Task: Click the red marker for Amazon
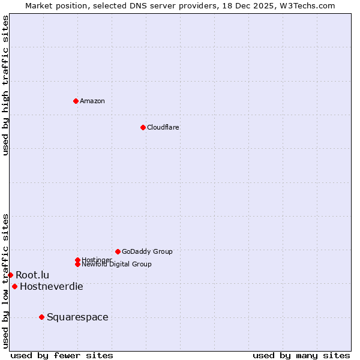click(76, 101)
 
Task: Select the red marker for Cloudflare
click(143, 127)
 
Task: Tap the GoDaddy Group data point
click(118, 251)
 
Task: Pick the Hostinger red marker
click(77, 260)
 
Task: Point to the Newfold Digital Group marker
click(77, 264)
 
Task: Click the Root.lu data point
click(10, 275)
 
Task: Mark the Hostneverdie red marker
click(14, 286)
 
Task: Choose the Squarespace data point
click(41, 317)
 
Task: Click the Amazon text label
click(92, 101)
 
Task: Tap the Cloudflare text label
click(163, 127)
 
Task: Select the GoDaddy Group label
click(147, 251)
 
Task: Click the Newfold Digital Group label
click(116, 264)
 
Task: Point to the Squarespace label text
click(77, 317)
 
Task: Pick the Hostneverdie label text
click(52, 286)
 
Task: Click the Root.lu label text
click(32, 275)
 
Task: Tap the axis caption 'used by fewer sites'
click(62, 355)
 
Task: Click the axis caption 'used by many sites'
click(301, 355)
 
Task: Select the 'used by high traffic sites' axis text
click(5, 85)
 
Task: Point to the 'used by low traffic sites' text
click(5, 280)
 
